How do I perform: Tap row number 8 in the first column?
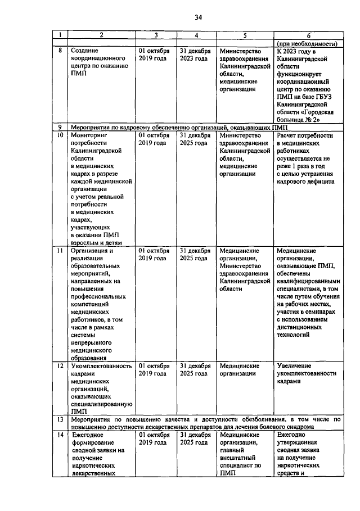[x=60, y=51]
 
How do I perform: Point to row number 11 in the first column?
[x=60, y=251]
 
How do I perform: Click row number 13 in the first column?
[x=60, y=419]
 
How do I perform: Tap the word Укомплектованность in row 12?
[x=101, y=366]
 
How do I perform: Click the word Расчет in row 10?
[x=288, y=135]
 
